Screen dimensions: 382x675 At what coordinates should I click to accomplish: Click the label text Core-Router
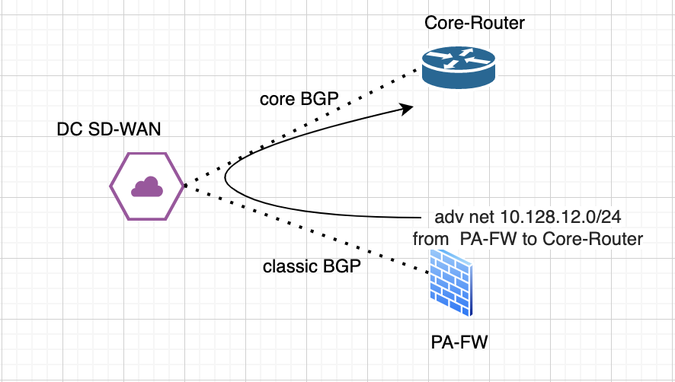coord(475,24)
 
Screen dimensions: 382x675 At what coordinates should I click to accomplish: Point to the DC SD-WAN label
coord(108,130)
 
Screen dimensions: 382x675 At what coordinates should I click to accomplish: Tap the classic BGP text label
coord(311,267)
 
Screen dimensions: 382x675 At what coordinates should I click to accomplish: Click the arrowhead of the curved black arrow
coord(408,109)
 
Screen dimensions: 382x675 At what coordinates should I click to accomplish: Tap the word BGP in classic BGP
coord(340,267)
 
